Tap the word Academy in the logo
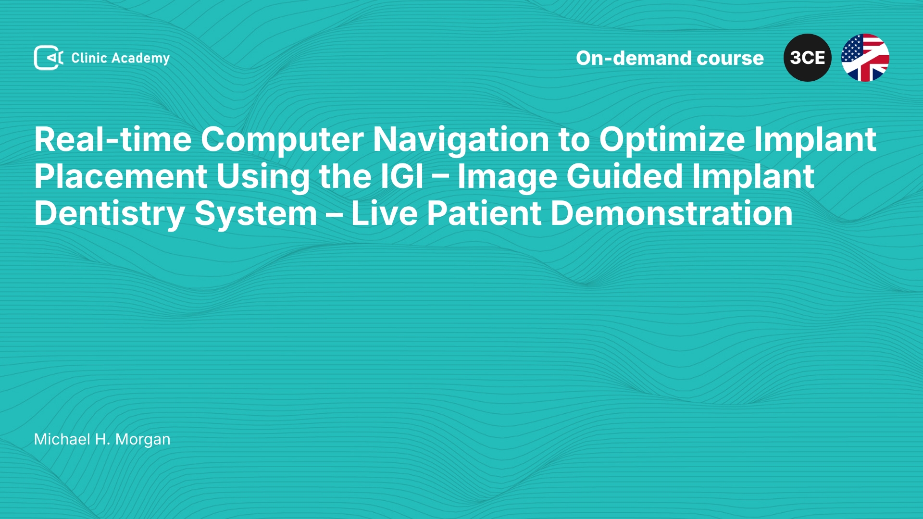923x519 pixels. [x=140, y=59]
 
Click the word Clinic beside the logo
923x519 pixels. [x=89, y=58]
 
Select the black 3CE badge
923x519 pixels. [x=808, y=58]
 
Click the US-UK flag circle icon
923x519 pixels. [x=865, y=58]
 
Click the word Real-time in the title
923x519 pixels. [x=113, y=139]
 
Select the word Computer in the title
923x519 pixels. [x=282, y=140]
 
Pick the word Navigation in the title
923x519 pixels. [x=461, y=140]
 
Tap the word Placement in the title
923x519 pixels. [x=121, y=176]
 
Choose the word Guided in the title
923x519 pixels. [x=624, y=176]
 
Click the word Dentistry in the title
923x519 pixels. [x=110, y=214]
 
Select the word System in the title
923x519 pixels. [x=256, y=214]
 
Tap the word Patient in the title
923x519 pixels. [x=484, y=213]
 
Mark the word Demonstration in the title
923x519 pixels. [x=672, y=213]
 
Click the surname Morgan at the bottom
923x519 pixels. [x=143, y=440]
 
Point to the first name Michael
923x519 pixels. [x=62, y=439]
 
